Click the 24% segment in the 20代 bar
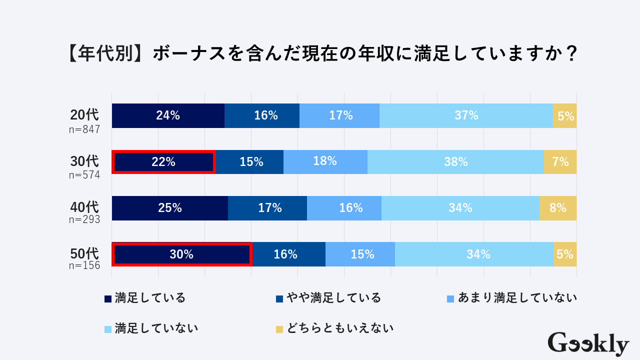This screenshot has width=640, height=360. click(168, 115)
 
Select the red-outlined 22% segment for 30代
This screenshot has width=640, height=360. click(163, 162)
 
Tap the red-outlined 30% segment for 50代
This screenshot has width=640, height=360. click(181, 254)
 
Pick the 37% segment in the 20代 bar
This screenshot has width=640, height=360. click(466, 115)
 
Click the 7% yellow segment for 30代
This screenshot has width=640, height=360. click(560, 162)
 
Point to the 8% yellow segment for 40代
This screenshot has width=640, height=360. click(558, 208)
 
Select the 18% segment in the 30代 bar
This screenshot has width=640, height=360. click(325, 162)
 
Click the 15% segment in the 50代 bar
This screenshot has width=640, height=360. click(360, 254)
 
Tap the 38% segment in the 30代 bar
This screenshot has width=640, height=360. click(455, 162)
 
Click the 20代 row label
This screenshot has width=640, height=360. click(84, 114)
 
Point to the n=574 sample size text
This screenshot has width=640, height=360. click(84, 175)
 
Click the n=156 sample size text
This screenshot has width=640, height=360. click(84, 265)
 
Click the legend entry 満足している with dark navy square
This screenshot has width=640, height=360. click(145, 298)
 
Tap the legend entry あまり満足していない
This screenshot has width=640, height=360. click(511, 298)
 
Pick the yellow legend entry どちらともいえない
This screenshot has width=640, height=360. click(334, 328)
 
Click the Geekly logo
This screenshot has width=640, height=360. click(588, 344)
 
